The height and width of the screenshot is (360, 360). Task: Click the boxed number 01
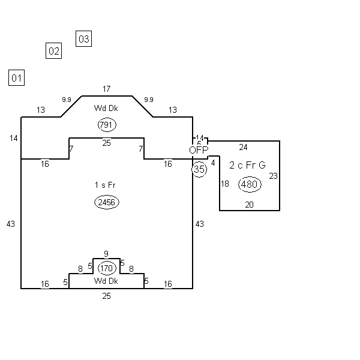[16, 77]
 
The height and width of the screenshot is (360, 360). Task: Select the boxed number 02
[54, 51]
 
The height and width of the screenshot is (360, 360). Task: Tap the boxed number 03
[83, 39]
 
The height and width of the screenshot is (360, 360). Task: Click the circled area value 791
[107, 125]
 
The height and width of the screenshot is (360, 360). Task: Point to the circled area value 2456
[107, 202]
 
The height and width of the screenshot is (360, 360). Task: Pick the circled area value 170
[107, 268]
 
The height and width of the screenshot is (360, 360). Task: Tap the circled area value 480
[249, 184]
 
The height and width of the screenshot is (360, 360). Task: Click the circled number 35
[199, 169]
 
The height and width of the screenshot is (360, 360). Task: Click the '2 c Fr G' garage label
[247, 165]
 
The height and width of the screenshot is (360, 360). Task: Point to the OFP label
[199, 150]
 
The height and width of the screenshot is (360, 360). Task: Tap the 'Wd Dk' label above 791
[106, 108]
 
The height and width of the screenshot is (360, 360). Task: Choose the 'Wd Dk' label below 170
[106, 281]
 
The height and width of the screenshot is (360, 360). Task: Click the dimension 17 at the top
[106, 89]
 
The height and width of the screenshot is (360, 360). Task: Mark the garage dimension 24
[243, 147]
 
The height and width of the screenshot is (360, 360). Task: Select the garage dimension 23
[273, 176]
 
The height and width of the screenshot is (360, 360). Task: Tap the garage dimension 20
[249, 205]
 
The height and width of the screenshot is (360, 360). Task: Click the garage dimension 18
[225, 184]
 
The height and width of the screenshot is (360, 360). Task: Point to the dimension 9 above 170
[106, 254]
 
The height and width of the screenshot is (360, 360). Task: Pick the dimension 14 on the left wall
[14, 139]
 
